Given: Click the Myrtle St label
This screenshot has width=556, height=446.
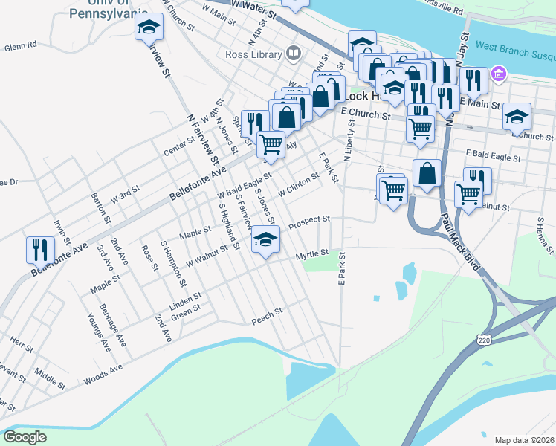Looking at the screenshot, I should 312,255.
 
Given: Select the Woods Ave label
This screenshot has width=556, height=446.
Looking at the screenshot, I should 103,370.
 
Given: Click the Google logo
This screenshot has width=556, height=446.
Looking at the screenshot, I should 25,437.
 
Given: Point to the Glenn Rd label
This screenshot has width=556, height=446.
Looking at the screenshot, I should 20,46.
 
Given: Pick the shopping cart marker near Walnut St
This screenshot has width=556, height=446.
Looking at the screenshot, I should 468,193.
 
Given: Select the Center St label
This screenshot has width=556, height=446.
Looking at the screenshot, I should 179,144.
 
